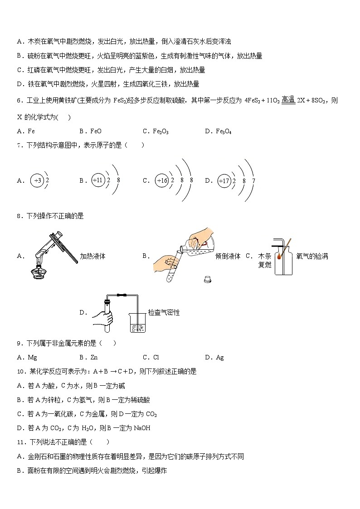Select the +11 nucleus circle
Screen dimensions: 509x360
[98, 180]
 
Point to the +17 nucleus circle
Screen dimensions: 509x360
[224, 180]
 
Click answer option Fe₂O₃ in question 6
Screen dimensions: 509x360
[162, 131]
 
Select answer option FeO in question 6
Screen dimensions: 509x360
[96, 131]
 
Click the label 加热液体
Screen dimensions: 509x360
[92, 256]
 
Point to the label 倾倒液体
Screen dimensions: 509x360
[228, 256]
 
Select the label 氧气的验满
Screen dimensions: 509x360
[312, 256]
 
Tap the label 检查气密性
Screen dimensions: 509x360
[164, 313]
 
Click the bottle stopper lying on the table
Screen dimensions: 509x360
[208, 279]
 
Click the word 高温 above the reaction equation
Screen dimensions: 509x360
[288, 100]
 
